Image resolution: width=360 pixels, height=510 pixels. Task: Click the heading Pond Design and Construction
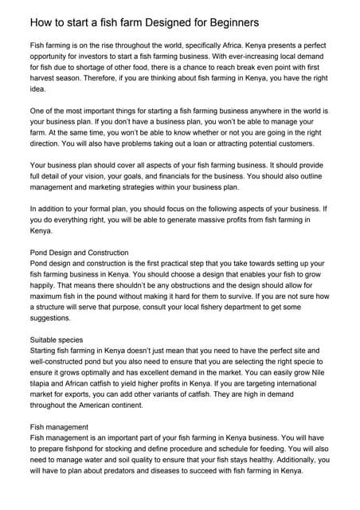click(x=79, y=253)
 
